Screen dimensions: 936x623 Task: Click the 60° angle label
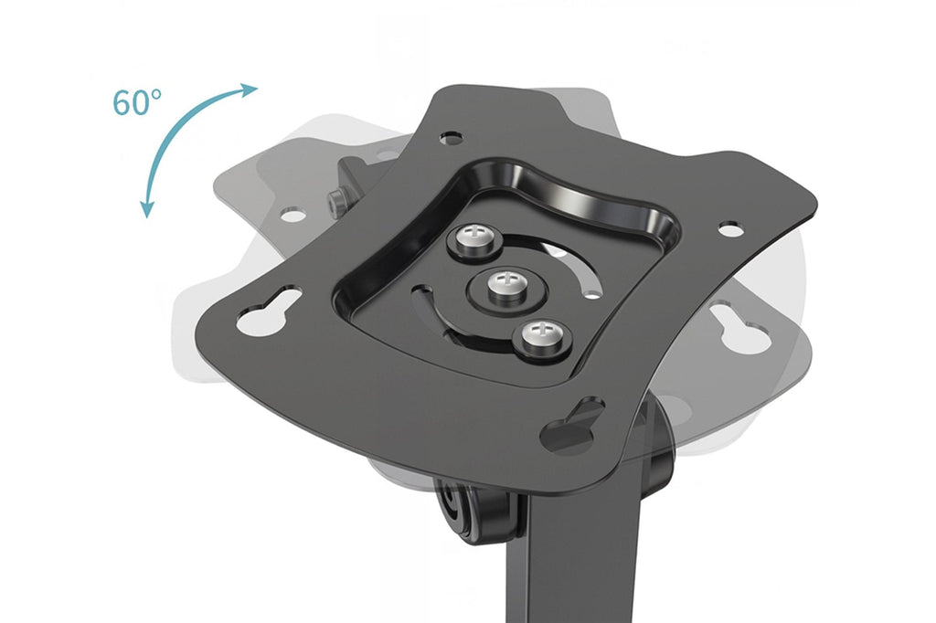(137, 102)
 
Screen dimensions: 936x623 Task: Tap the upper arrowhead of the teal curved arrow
(249, 90)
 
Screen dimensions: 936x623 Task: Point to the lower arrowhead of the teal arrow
(146, 209)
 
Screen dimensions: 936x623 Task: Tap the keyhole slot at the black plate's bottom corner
(572, 424)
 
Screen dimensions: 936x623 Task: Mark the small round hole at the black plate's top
(452, 138)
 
